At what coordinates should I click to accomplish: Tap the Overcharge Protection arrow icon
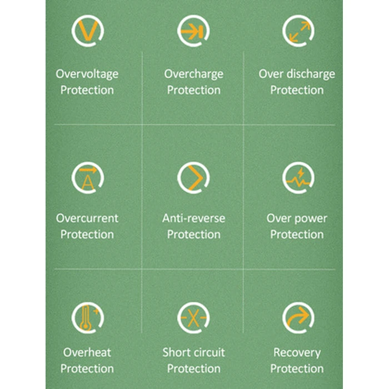[193, 31]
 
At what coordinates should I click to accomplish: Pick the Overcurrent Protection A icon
[87, 178]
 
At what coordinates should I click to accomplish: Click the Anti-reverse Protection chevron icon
[193, 178]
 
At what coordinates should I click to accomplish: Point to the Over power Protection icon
[298, 178]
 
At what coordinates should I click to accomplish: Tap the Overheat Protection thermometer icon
[87, 318]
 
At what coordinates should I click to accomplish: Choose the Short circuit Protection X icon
[193, 318]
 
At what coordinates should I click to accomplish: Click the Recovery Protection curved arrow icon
[298, 318]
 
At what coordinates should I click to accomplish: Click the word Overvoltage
[87, 74]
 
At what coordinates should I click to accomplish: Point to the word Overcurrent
[87, 218]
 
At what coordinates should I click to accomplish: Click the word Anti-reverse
[193, 218]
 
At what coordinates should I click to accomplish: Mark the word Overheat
[87, 352]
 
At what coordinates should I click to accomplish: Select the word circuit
[209, 352]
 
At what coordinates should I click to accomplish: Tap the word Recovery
[297, 352]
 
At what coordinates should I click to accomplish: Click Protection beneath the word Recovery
[297, 368]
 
